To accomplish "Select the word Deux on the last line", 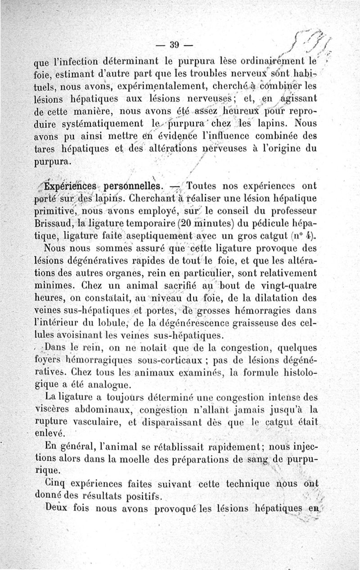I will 58,509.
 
